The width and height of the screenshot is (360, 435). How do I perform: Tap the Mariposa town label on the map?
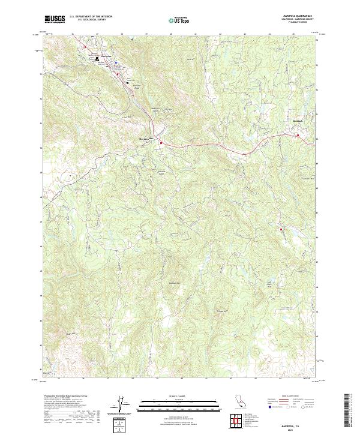[106, 56]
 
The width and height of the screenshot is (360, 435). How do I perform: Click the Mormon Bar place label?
[139, 139]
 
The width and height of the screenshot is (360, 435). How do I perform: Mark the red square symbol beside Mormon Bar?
[161, 142]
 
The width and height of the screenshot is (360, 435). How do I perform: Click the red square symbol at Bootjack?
[298, 136]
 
